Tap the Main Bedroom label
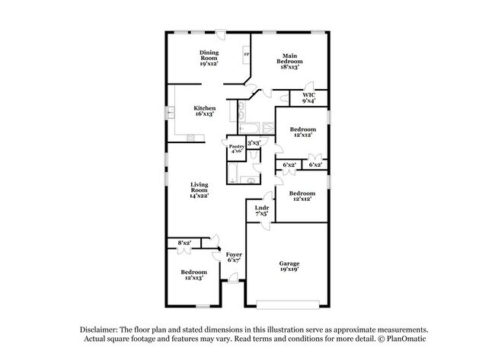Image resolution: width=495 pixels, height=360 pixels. click(x=289, y=61)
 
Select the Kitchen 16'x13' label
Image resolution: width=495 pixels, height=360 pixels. click(x=204, y=111)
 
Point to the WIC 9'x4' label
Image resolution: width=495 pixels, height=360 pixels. click(x=308, y=97)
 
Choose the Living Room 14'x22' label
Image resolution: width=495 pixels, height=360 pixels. click(x=200, y=190)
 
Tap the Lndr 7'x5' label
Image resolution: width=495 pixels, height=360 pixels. click(x=261, y=210)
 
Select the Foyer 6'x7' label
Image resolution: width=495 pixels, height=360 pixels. click(x=234, y=256)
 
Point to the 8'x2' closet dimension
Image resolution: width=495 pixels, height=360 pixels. click(x=184, y=244)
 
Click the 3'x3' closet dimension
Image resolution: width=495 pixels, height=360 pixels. click(x=254, y=142)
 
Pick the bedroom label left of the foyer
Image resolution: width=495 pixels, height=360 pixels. click(x=194, y=275)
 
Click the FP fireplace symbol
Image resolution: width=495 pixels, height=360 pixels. click(x=246, y=54)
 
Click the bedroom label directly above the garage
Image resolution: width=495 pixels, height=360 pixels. click(x=302, y=196)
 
